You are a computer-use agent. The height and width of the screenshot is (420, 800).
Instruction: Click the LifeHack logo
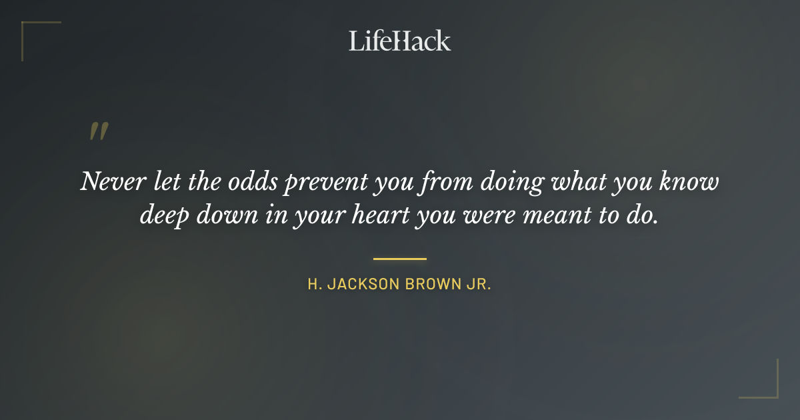click(x=400, y=41)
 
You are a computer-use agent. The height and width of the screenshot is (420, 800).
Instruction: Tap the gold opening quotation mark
click(x=99, y=131)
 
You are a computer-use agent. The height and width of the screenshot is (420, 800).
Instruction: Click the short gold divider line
click(x=400, y=259)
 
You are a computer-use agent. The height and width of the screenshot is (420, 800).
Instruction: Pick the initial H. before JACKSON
click(x=313, y=285)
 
